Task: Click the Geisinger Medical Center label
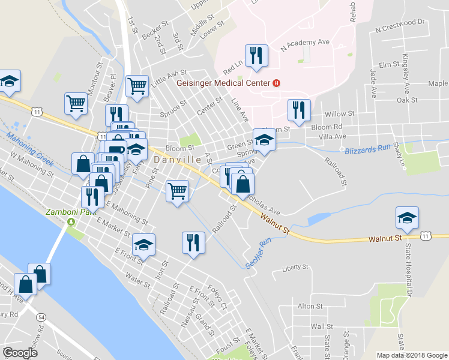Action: (223, 83)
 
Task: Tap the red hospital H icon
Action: (276, 83)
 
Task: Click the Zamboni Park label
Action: (67, 212)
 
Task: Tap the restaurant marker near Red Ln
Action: (256, 56)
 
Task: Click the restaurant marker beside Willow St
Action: (298, 110)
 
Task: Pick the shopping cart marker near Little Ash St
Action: (137, 86)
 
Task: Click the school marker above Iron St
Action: (144, 244)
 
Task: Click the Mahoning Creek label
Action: (30, 150)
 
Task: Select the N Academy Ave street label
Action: (309, 44)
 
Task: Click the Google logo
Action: (20, 353)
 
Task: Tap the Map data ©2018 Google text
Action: (411, 355)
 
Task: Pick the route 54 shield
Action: (41, 316)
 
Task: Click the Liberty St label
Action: (295, 267)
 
